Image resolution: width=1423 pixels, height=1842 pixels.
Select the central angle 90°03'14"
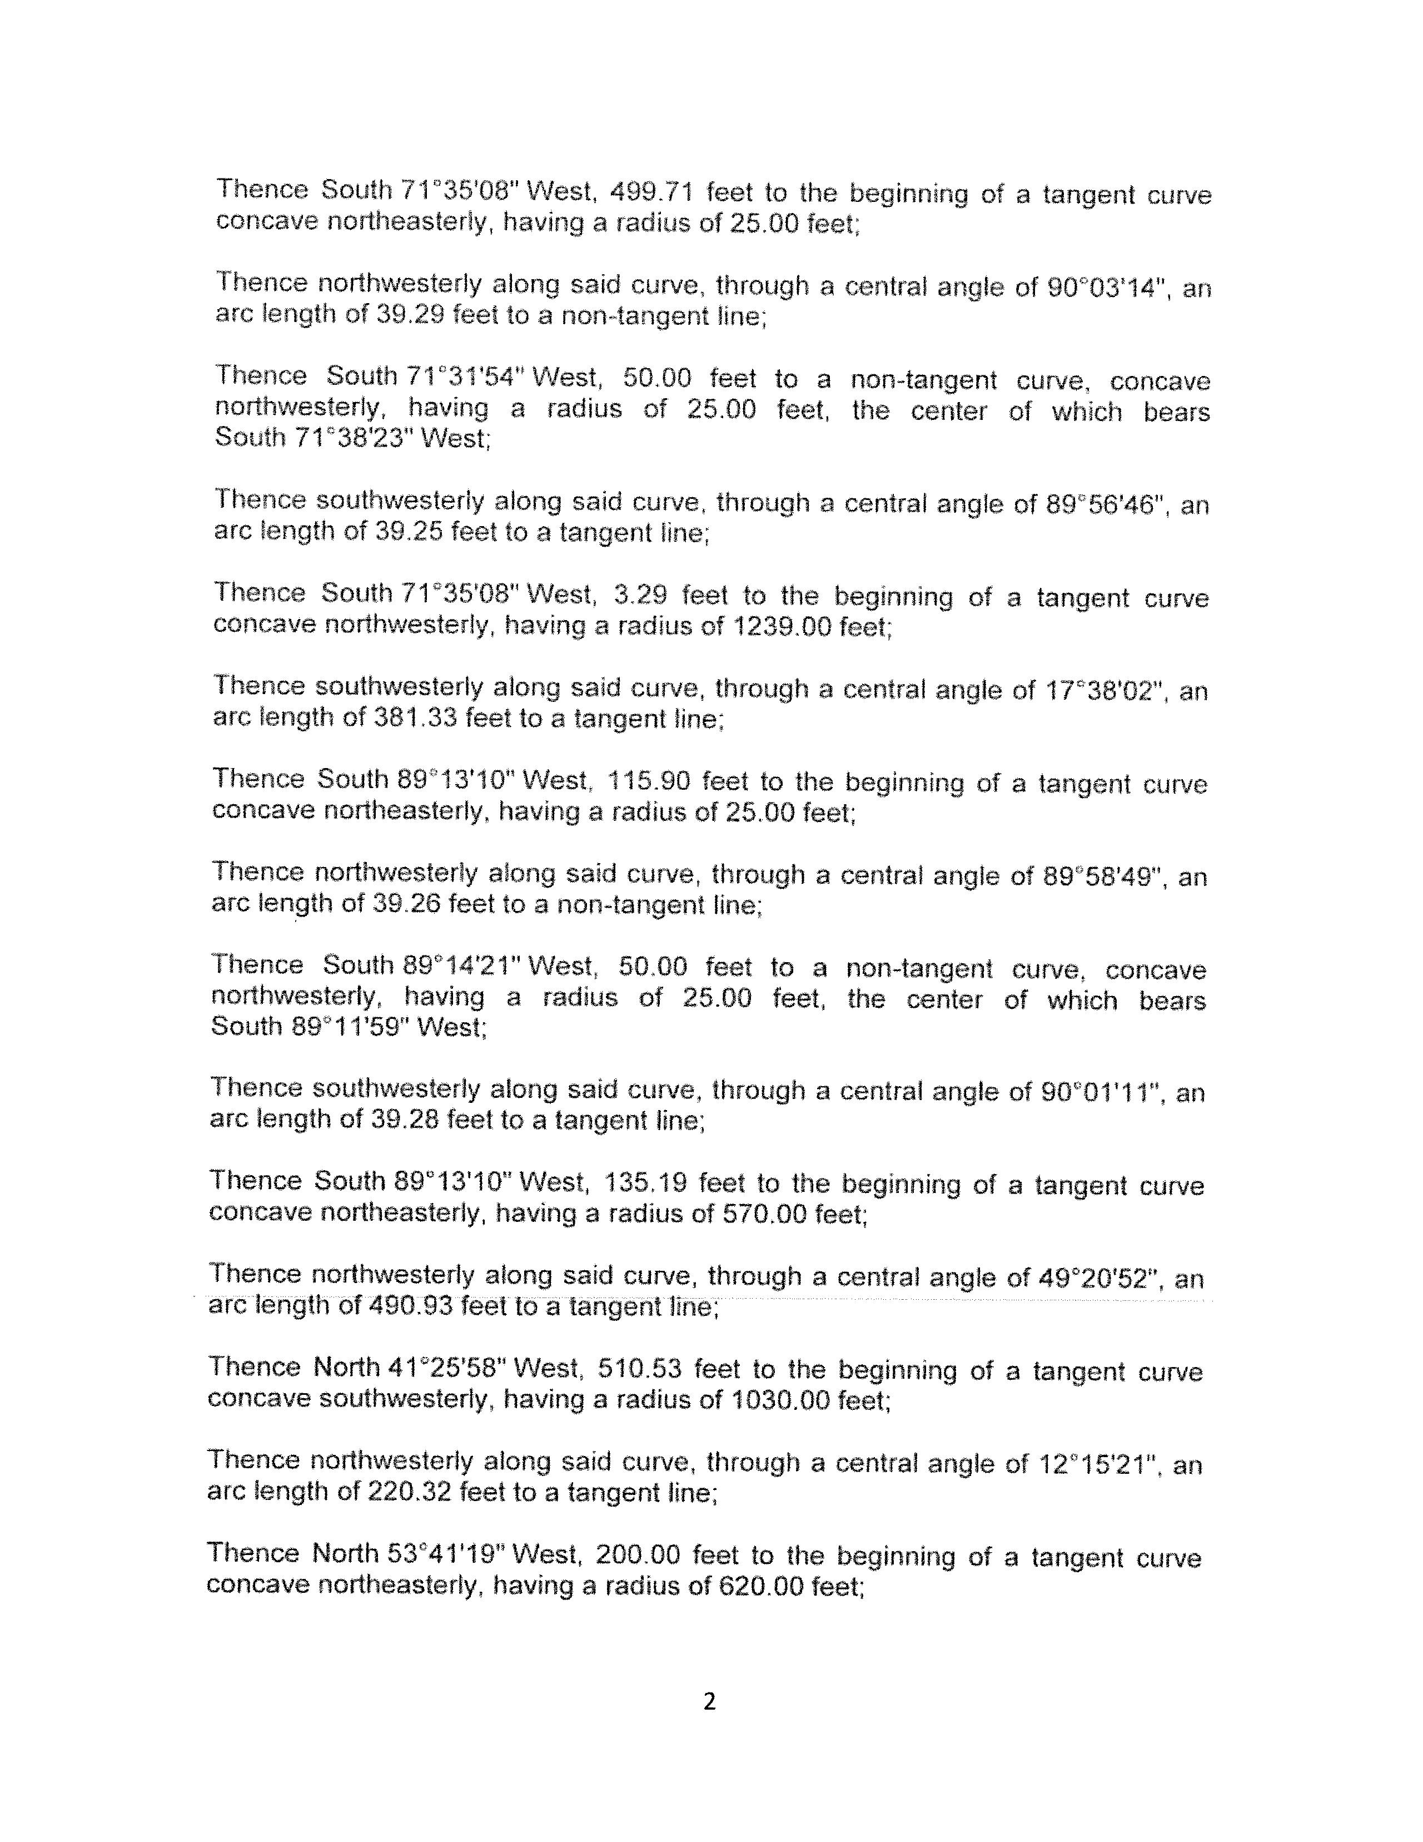click(x=1109, y=288)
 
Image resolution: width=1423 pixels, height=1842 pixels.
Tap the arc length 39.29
click(x=407, y=316)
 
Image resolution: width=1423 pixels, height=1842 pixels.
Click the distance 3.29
click(x=641, y=596)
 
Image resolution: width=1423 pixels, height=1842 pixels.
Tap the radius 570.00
click(x=767, y=1214)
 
